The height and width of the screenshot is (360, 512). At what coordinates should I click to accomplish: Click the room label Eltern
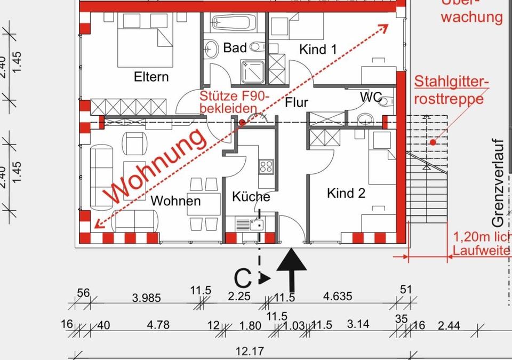click(151, 77)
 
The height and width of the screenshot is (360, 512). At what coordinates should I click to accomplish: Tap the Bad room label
click(235, 48)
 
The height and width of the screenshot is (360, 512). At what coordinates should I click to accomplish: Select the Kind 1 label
click(318, 50)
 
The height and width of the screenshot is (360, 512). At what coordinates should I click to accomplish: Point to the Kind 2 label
click(346, 193)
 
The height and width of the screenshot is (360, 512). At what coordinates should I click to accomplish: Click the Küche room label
click(251, 197)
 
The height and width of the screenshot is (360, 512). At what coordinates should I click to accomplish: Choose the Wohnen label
click(175, 201)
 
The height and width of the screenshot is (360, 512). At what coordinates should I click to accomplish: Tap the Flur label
click(297, 102)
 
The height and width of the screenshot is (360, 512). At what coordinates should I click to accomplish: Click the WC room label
click(371, 97)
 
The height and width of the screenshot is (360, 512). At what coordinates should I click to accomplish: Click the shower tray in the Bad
click(253, 71)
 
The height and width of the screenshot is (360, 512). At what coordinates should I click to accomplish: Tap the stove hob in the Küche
click(266, 165)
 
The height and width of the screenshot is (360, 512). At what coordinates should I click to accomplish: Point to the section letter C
click(243, 277)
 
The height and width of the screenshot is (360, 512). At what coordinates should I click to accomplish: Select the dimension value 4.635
click(337, 297)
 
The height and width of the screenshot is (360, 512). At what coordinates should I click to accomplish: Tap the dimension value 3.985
click(146, 298)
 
